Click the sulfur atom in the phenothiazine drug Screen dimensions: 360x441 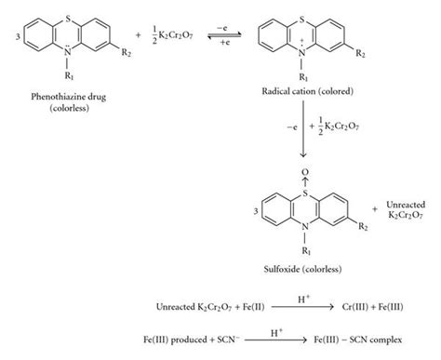pos(64,11)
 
